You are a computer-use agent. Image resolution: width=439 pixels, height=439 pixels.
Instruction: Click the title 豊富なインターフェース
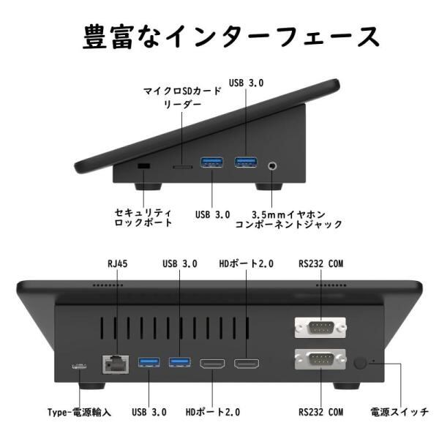(219, 35)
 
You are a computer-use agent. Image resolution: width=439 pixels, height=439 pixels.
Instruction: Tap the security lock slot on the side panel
(143, 167)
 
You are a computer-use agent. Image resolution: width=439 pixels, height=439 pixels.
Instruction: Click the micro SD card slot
(182, 167)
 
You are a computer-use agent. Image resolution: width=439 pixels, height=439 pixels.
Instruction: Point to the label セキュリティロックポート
(143, 216)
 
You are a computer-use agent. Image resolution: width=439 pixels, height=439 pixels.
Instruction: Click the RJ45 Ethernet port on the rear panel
(115, 362)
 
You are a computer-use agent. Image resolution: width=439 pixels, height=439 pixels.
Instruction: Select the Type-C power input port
(78, 366)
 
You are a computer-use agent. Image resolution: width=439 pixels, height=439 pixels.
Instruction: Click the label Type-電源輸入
(79, 412)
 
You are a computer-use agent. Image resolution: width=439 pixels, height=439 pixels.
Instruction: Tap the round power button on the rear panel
(361, 363)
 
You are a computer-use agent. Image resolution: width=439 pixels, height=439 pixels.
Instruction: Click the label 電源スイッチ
(399, 412)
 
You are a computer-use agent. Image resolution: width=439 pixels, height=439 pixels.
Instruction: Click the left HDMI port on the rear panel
(212, 363)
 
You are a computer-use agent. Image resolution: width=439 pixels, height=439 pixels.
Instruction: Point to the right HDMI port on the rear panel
(246, 363)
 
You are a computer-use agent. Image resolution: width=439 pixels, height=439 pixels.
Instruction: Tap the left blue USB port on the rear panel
(149, 362)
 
